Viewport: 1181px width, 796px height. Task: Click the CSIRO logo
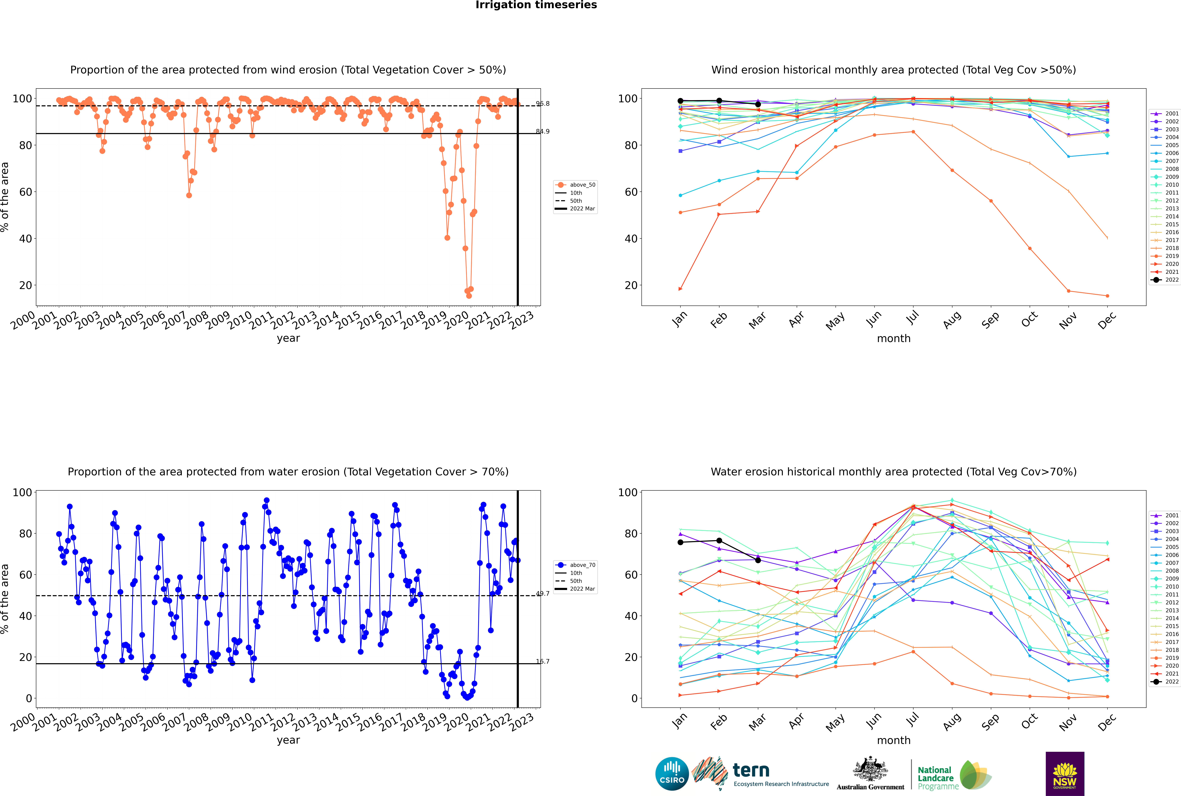point(672,774)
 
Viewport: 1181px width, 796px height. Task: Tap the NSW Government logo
point(1065,773)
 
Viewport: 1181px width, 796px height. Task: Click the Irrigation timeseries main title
point(536,5)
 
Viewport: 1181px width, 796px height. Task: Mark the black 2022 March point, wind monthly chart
point(758,104)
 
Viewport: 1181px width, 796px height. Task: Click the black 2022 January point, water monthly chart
point(680,542)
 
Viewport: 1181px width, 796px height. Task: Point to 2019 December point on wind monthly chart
point(1107,296)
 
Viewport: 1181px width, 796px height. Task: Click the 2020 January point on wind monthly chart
point(680,289)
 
